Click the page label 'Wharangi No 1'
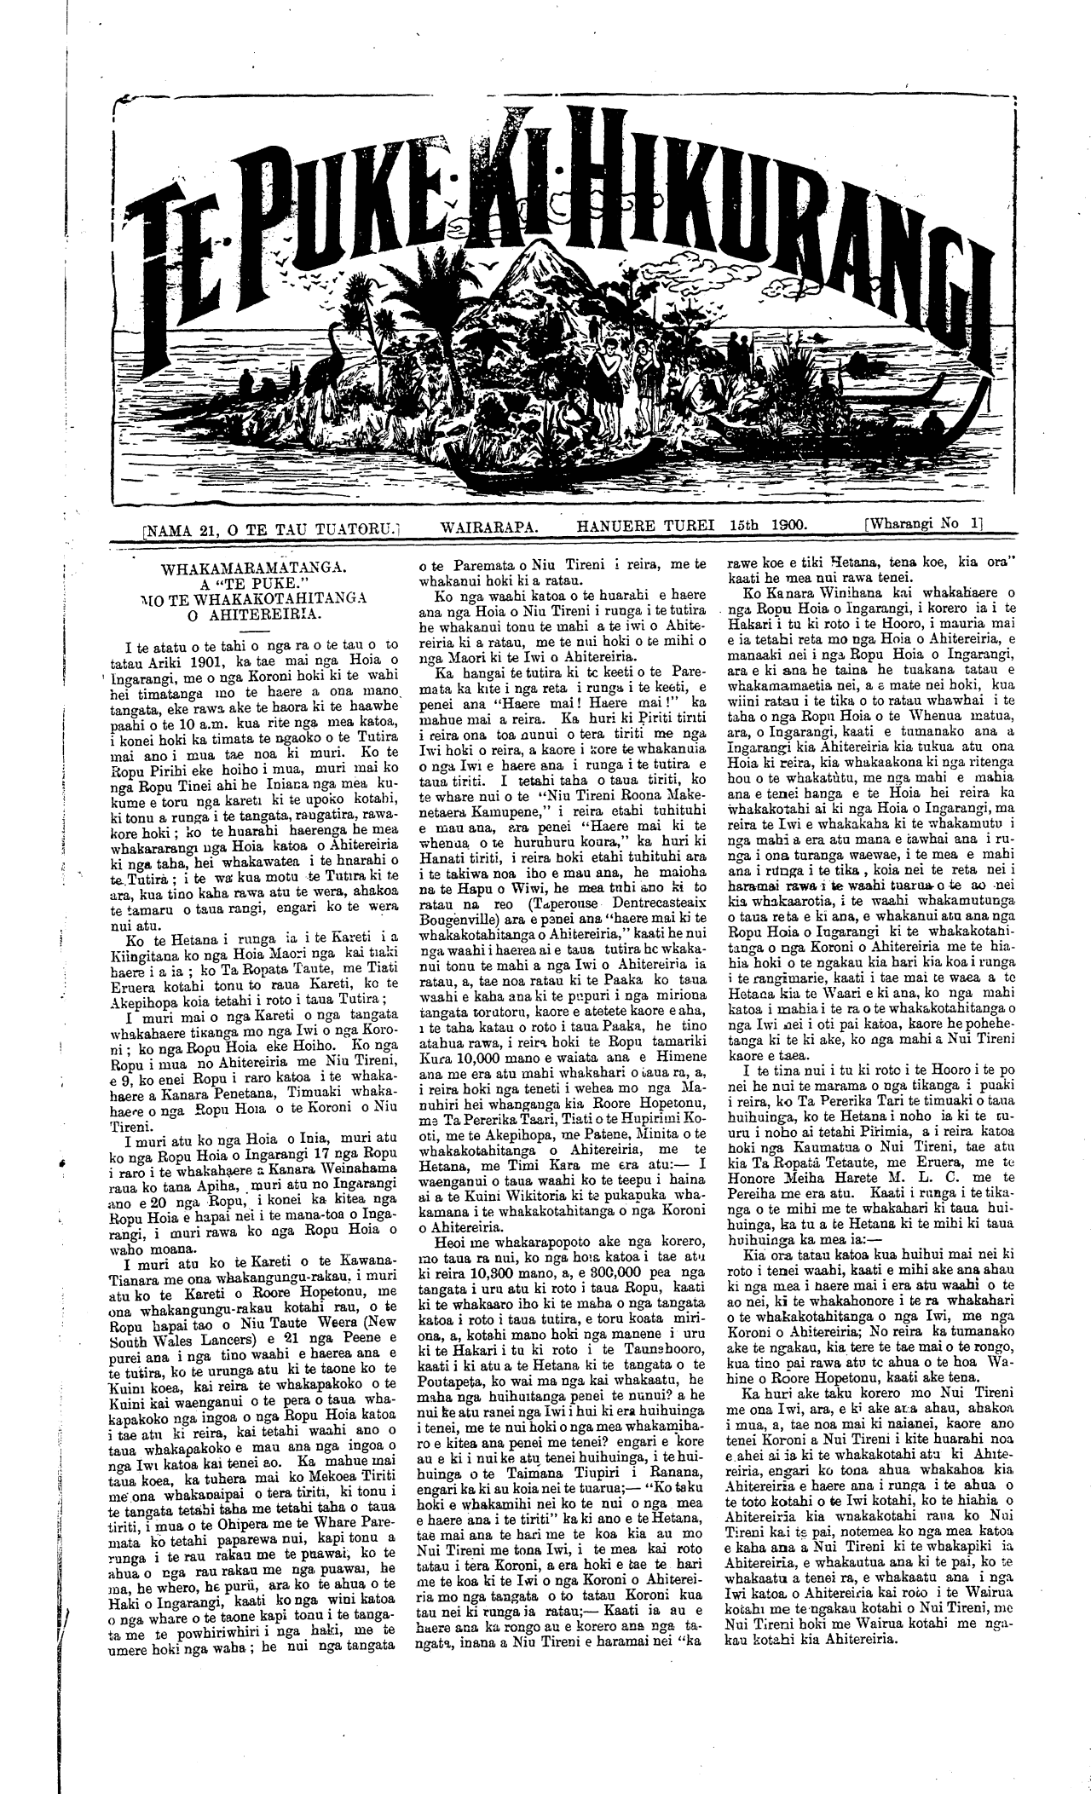[923, 526]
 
